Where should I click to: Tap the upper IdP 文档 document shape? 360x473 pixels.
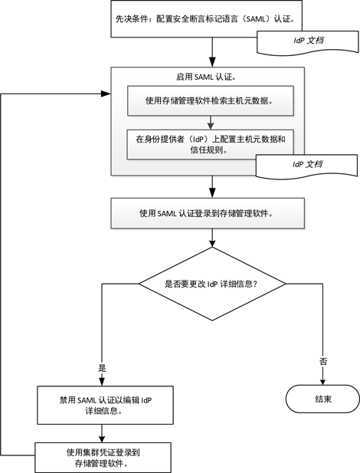click(x=308, y=42)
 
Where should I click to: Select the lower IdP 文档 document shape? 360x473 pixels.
click(x=306, y=166)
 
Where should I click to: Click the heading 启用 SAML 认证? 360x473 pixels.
click(x=206, y=77)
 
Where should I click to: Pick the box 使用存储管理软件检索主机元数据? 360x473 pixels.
click(x=211, y=100)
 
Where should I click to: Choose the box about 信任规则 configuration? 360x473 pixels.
click(x=211, y=144)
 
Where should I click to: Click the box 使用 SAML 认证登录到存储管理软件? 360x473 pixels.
click(x=208, y=213)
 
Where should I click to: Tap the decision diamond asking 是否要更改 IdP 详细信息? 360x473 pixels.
click(x=212, y=284)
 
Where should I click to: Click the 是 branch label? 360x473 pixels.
click(x=102, y=368)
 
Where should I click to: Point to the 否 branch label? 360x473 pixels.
click(x=323, y=361)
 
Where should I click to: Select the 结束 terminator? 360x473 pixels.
click(x=322, y=399)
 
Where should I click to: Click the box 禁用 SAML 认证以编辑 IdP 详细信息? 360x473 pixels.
click(x=105, y=405)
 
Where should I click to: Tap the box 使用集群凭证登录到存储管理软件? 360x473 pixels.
click(x=103, y=458)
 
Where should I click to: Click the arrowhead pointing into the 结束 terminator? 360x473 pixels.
click(x=322, y=382)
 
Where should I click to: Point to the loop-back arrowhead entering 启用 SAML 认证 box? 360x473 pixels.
click(x=106, y=94)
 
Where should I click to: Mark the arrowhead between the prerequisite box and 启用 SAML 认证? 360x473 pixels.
click(x=213, y=62)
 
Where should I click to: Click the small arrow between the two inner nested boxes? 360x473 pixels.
click(x=211, y=123)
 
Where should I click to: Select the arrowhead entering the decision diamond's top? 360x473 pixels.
click(x=213, y=243)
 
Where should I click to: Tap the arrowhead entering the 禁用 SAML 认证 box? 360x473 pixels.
click(x=102, y=382)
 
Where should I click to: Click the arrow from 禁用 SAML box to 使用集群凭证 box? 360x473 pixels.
click(x=102, y=433)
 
